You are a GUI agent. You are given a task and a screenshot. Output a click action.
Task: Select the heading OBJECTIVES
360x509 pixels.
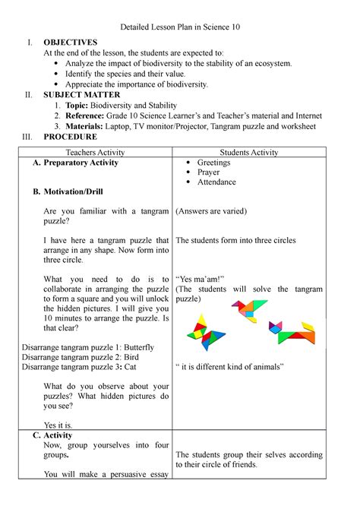pos(70,42)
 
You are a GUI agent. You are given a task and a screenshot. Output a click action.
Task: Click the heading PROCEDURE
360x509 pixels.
pos(70,138)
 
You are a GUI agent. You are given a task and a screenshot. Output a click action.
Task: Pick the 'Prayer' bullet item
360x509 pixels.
pos(208,173)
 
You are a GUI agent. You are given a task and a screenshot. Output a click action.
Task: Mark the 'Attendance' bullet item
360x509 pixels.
pos(216,183)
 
